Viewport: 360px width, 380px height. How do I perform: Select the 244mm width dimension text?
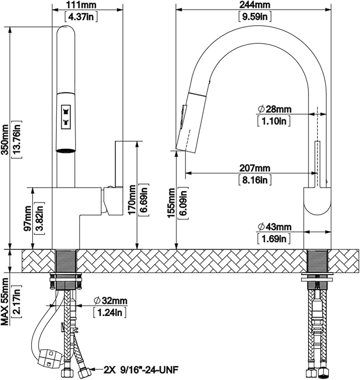tap(255, 5)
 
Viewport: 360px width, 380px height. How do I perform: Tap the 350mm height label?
tap(5, 139)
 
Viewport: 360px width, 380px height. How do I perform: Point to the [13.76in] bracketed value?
tap(17, 139)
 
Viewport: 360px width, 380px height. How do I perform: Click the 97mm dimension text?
tap(28, 218)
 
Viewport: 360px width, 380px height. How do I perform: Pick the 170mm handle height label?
tap(132, 199)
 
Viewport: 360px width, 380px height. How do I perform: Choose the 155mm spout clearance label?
tap(172, 203)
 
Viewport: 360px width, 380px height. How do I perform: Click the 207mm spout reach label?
tap(255, 168)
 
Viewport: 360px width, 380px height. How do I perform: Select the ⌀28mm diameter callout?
tap(275, 109)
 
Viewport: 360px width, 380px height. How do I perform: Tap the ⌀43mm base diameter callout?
tap(275, 227)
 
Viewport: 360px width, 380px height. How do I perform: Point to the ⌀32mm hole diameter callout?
tap(111, 301)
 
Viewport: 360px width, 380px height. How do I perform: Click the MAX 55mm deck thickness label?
tap(5, 302)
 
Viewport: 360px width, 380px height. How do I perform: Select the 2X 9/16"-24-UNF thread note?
tap(141, 370)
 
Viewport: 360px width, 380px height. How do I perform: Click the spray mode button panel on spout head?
tap(66, 115)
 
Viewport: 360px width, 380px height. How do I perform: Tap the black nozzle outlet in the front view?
tap(66, 151)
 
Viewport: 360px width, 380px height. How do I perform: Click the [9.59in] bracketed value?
tap(255, 16)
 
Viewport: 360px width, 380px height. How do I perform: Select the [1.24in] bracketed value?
tap(110, 313)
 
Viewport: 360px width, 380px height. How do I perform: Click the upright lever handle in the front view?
tap(119, 164)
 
